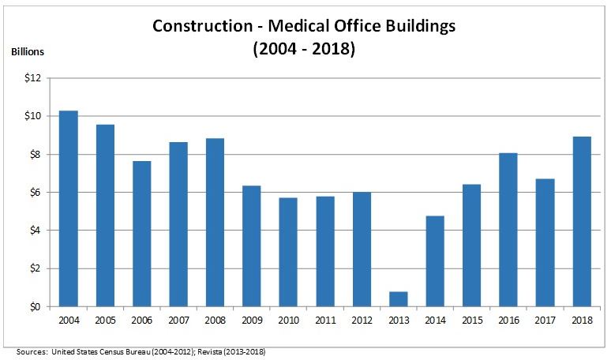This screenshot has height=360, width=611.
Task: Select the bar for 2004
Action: point(69,208)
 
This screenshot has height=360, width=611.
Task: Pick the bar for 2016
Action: point(508,230)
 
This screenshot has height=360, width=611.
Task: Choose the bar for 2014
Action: point(435,261)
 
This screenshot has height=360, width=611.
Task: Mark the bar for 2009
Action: point(252,246)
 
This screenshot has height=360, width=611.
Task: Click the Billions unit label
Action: point(28,52)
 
